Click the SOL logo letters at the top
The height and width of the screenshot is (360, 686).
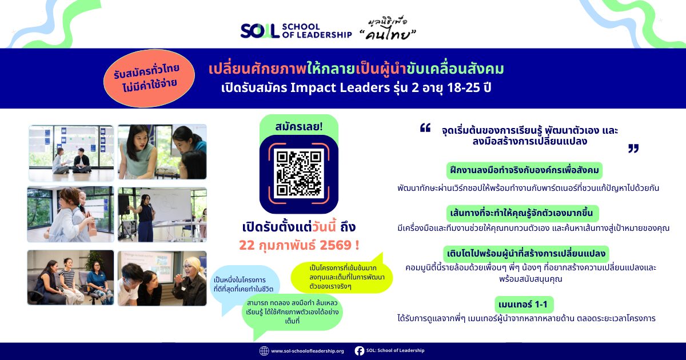click(x=260, y=31)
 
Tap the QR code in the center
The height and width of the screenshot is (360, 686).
click(x=298, y=174)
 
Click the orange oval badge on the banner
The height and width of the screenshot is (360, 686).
click(x=149, y=78)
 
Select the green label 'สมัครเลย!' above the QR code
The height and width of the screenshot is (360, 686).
click(x=299, y=126)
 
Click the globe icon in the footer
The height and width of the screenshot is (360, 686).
click(x=264, y=351)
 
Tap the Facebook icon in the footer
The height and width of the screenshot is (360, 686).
click(x=359, y=351)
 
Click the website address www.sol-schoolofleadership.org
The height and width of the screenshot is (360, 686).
click(x=308, y=351)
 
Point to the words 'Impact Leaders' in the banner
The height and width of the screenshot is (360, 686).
click(x=340, y=87)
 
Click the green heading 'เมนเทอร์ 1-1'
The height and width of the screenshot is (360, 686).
click(x=524, y=304)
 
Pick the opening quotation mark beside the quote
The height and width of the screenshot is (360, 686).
click(x=425, y=127)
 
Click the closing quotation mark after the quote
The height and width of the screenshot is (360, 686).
click(x=633, y=149)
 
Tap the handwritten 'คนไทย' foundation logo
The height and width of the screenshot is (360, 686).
click(x=389, y=29)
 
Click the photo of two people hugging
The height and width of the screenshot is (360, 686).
click(x=70, y=214)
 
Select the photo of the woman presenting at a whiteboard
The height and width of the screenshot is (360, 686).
click(x=162, y=215)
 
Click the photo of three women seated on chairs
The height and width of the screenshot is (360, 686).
click(x=70, y=277)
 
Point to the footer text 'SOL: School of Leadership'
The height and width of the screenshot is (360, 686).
click(x=396, y=350)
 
